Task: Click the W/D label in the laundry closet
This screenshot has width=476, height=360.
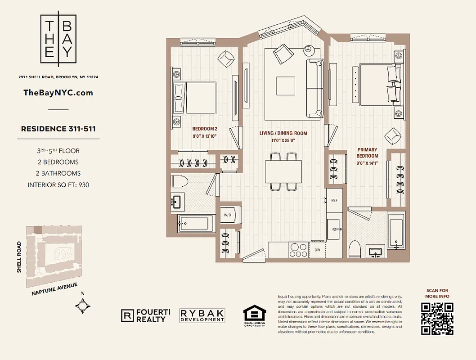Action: (x=227, y=215)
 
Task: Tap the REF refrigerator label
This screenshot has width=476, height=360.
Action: (x=334, y=200)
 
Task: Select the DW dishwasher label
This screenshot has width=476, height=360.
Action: (x=317, y=250)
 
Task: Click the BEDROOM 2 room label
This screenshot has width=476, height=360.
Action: (x=205, y=128)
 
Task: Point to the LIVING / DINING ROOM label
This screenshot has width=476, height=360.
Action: (x=283, y=133)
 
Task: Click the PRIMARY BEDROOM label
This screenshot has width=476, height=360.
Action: (x=368, y=153)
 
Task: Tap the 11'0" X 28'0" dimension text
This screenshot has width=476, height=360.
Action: (x=283, y=140)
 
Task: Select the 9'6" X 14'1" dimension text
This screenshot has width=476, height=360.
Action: (x=368, y=163)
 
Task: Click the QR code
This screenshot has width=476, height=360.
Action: (x=437, y=319)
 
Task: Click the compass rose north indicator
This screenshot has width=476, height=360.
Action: (x=83, y=306)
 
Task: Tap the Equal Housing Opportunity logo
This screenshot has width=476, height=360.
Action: (x=255, y=317)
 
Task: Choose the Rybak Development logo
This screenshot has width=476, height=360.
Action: (x=202, y=315)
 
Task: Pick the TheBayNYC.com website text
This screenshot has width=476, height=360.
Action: (x=58, y=93)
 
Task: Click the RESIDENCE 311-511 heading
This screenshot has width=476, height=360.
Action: (x=58, y=129)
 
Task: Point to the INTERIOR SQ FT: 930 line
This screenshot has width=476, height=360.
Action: (x=58, y=184)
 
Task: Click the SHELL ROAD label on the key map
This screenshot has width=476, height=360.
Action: (x=19, y=257)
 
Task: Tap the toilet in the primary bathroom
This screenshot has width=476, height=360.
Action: (x=355, y=249)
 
